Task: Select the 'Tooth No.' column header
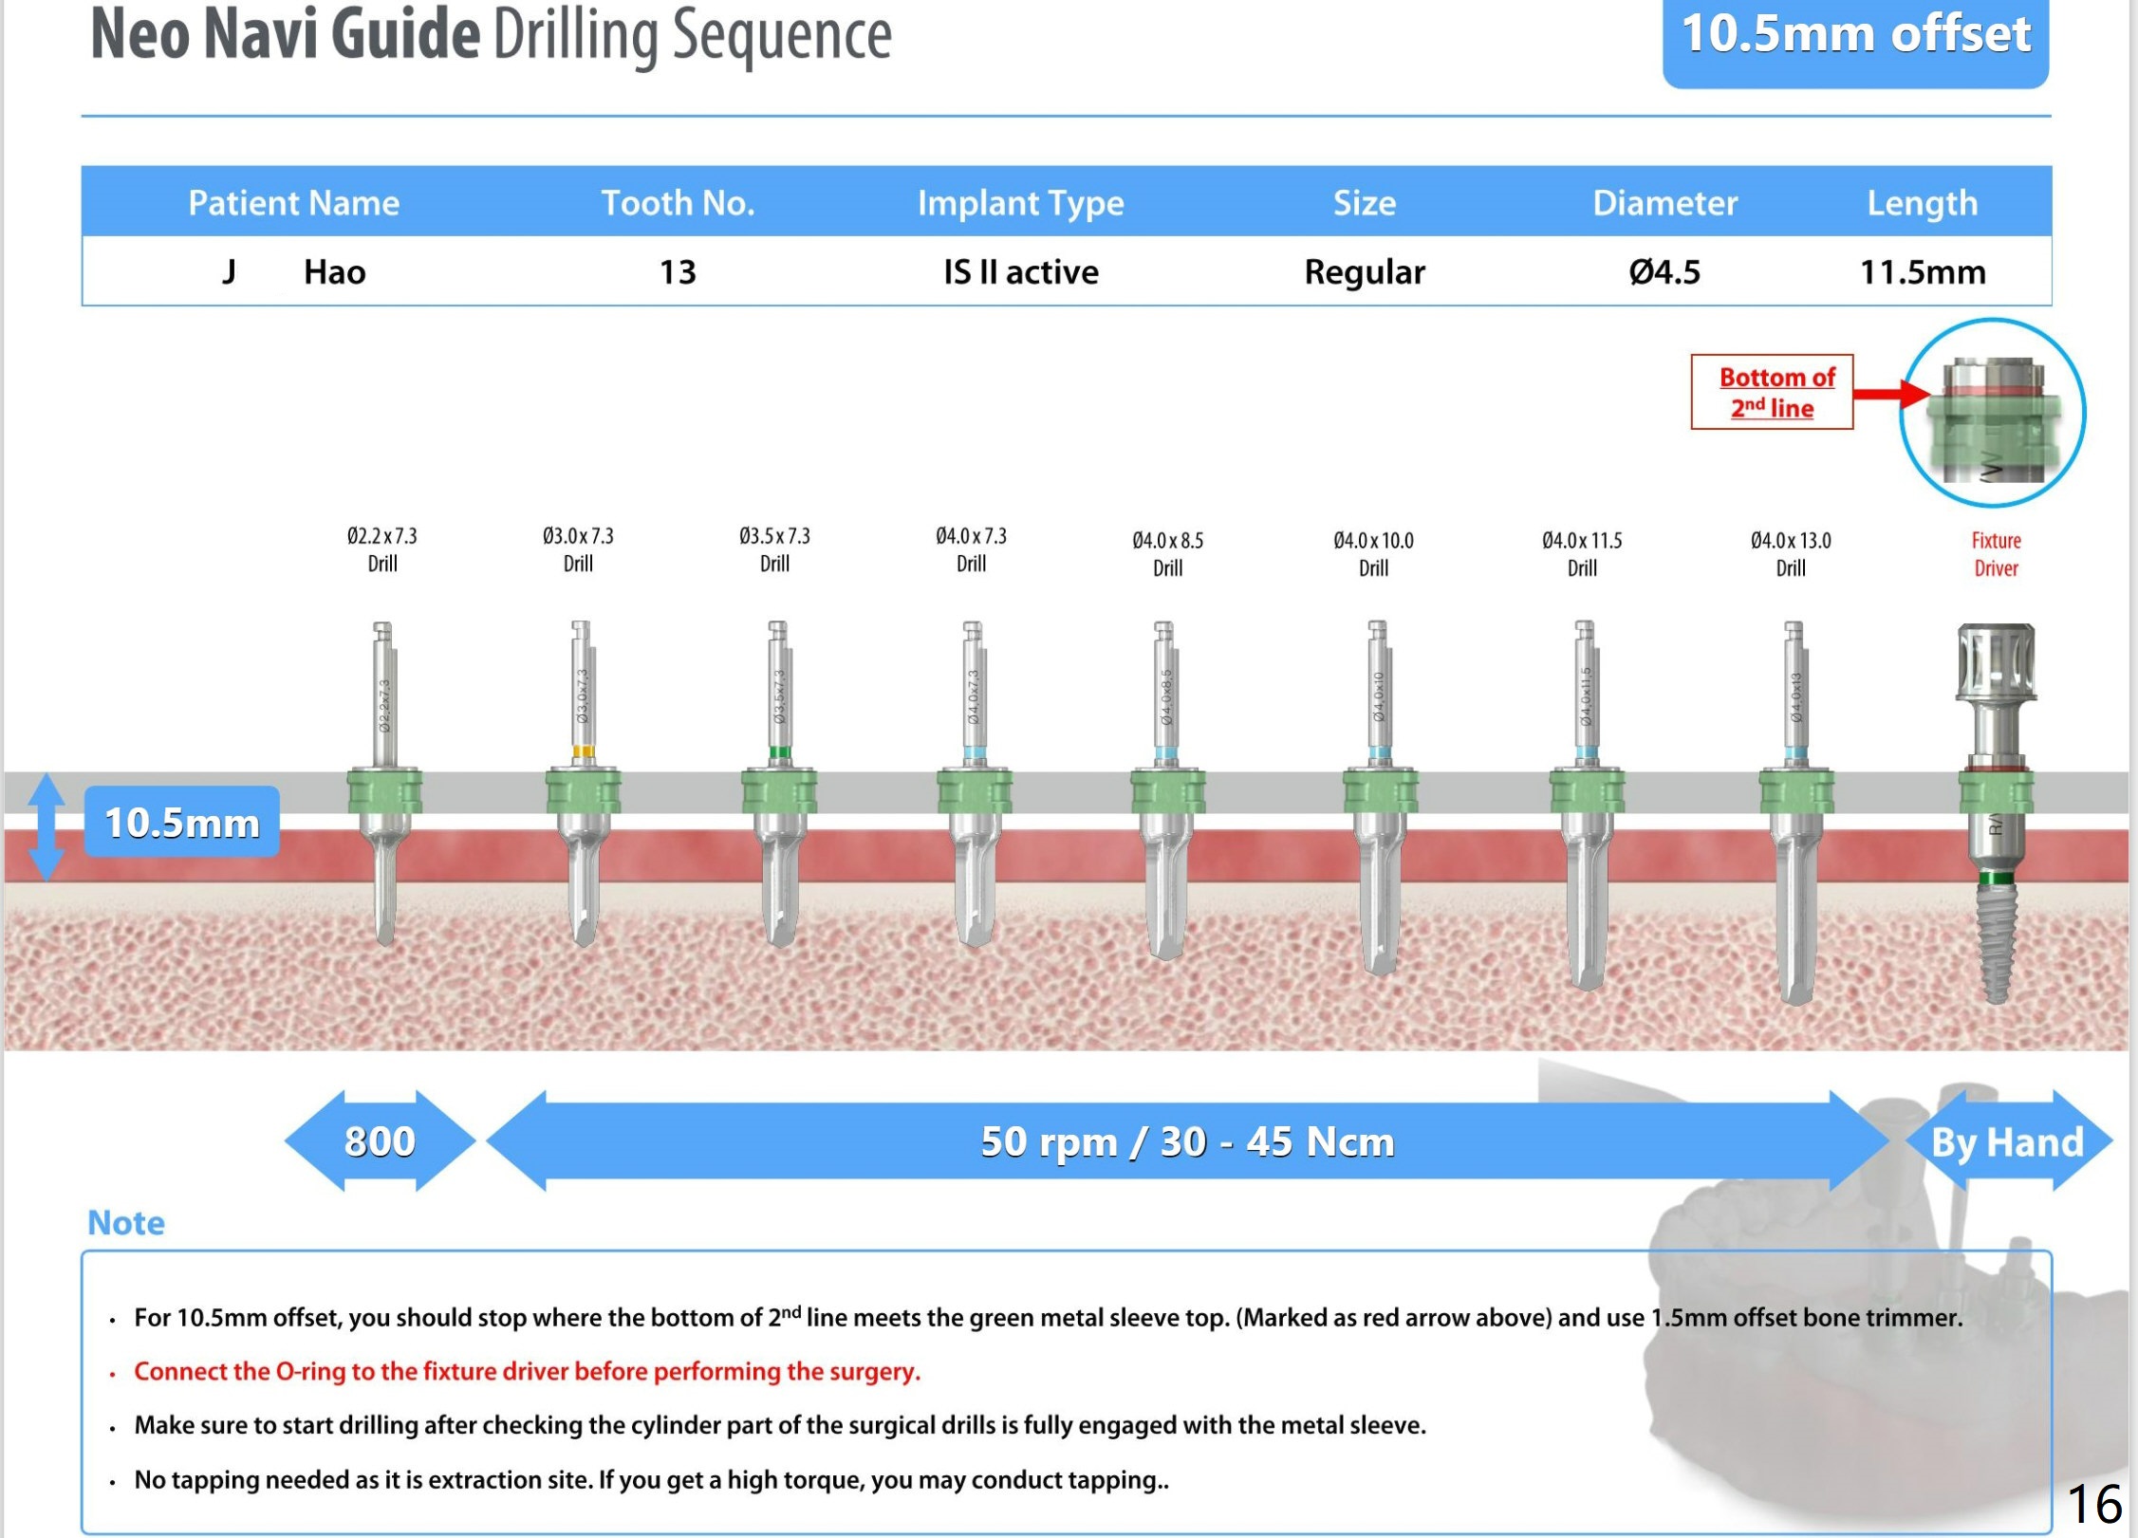pos(678,202)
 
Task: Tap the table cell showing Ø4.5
pos(1664,272)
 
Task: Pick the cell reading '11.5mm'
pos(1922,272)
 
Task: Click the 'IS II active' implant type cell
pos(1020,272)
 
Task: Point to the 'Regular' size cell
pos(1364,272)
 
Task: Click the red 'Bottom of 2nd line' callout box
pos(1771,392)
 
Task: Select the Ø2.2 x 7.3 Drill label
pos(381,549)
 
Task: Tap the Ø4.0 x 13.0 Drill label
pos(1790,554)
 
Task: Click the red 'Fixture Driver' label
pos(1995,554)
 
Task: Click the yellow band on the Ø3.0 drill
pos(583,752)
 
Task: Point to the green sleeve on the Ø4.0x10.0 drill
pos(1380,791)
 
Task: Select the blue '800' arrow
pos(380,1140)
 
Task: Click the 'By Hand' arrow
pos(2006,1141)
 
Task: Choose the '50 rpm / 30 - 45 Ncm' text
pos(1186,1141)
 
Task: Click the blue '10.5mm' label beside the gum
pos(181,822)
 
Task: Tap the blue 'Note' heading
pos(126,1223)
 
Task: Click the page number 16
pos(2093,1503)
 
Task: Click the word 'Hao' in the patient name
pos(334,272)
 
